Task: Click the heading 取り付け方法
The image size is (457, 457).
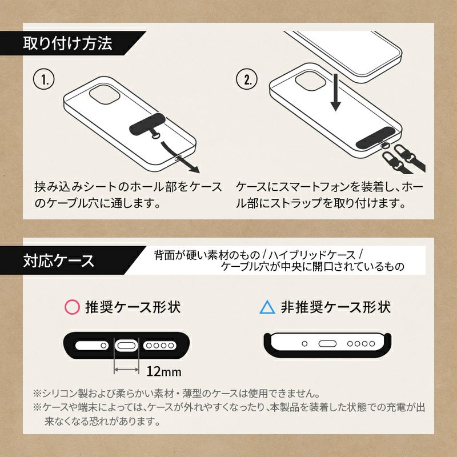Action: point(67,43)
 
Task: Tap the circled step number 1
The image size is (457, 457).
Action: point(44,79)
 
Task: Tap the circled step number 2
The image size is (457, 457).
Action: point(247,79)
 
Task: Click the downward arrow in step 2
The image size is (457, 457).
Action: point(336,92)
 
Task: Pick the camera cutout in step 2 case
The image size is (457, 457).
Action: point(311,81)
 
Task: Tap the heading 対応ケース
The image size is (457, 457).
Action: point(59,260)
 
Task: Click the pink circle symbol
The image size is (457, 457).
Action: point(72,307)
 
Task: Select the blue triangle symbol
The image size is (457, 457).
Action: point(267,307)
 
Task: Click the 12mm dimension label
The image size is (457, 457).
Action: point(163,371)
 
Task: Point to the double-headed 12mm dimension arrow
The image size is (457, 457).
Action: point(126,370)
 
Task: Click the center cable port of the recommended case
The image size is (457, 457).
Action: point(126,346)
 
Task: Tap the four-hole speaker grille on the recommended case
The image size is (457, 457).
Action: point(160,346)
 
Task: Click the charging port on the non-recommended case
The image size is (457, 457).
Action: point(327,344)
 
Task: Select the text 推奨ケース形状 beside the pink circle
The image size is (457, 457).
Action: point(133,307)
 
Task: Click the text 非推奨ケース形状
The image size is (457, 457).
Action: point(336,307)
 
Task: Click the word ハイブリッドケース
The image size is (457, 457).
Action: point(312,255)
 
